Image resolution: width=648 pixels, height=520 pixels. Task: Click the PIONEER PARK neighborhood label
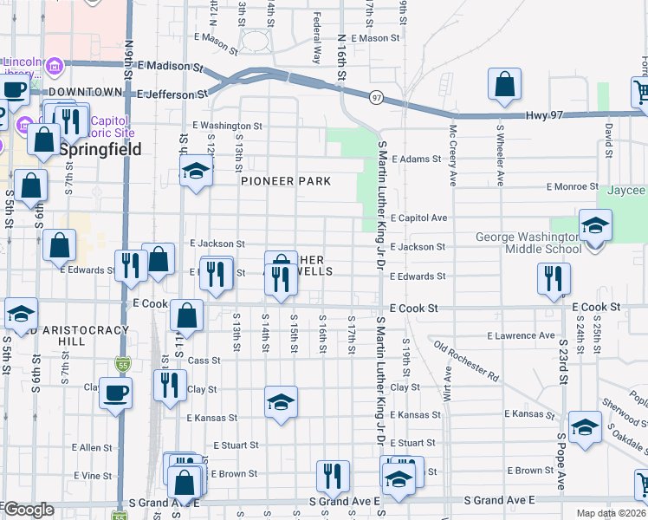[286, 181]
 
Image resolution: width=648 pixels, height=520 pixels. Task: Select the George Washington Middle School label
[528, 243]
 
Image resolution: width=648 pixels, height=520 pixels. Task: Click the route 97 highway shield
[376, 97]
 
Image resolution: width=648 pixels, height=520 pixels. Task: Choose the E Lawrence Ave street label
[521, 335]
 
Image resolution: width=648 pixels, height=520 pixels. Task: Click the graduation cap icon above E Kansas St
[281, 402]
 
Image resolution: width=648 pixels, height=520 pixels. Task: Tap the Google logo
[29, 510]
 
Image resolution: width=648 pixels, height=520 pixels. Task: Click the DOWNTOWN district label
[85, 92]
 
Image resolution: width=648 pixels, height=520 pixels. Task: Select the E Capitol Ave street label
[418, 218]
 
